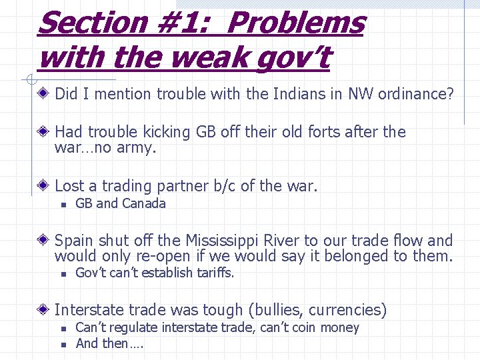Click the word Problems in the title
tap(297, 23)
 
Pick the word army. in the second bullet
tap(135, 147)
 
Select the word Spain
tap(75, 240)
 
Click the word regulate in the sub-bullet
tap(128, 327)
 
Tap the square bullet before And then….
tap(61, 345)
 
